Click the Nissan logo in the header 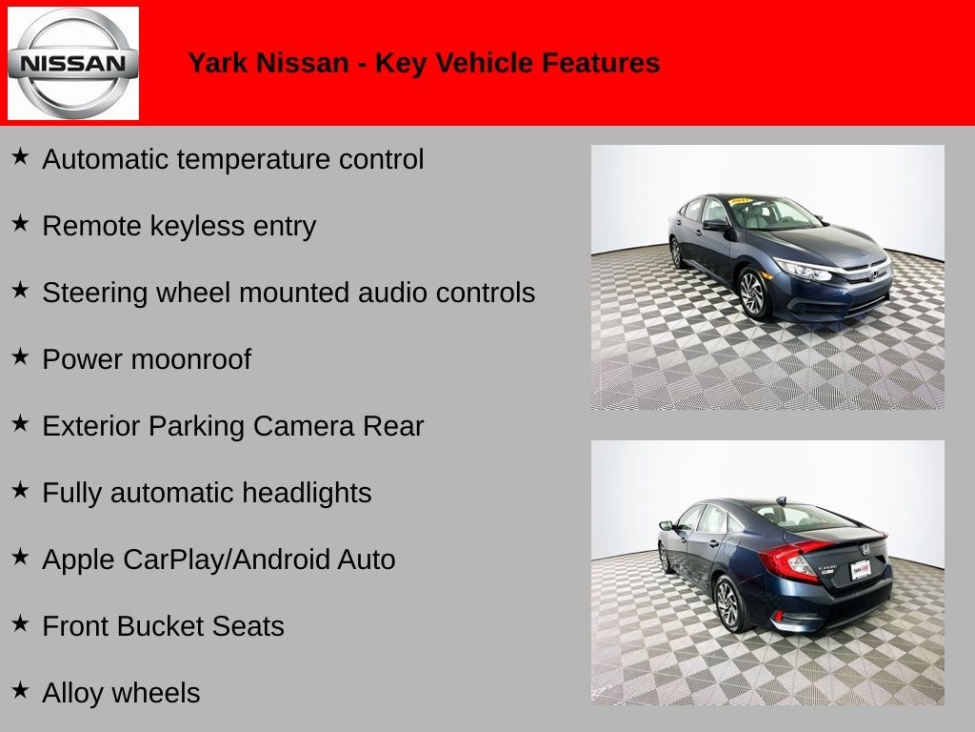[x=73, y=63]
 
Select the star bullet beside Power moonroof [x=20, y=356]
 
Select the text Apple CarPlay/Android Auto [x=219, y=559]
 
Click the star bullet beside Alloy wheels [x=20, y=690]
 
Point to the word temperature [x=254, y=159]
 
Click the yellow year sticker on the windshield [x=741, y=201]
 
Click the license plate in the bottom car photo [x=861, y=570]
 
